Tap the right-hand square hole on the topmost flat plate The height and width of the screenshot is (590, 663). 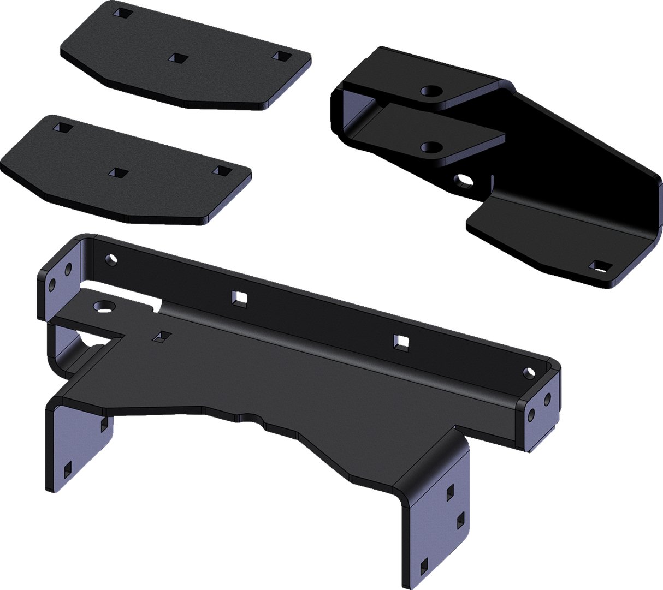pos(282,56)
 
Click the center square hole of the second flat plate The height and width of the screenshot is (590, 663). pos(118,173)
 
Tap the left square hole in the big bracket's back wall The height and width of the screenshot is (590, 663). pos(238,297)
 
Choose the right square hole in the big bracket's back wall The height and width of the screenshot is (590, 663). pos(401,342)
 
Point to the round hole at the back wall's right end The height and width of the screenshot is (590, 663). pos(528,373)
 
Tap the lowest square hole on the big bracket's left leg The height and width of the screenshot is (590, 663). pos(67,467)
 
